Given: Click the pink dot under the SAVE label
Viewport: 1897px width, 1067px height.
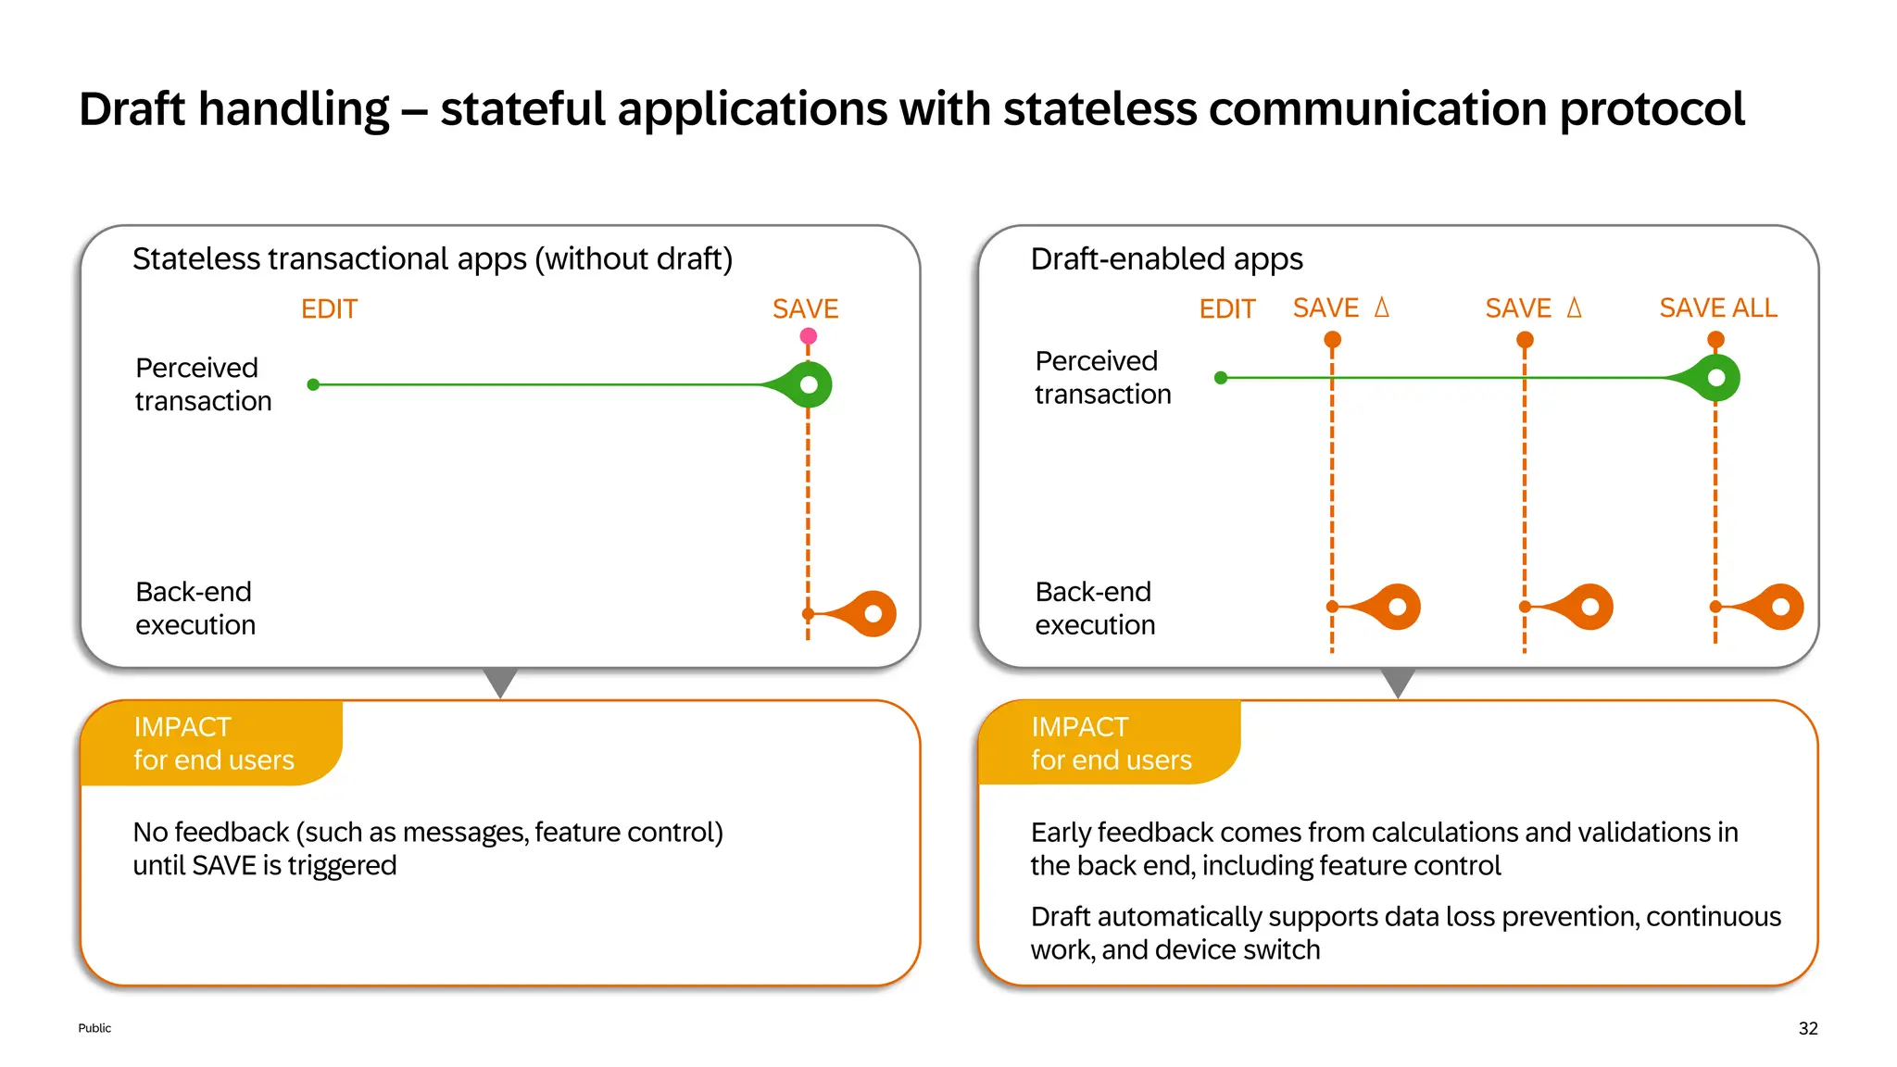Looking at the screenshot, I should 808,336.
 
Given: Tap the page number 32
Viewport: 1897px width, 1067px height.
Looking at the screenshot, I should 1807,1028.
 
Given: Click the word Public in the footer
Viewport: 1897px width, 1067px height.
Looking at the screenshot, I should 94,1028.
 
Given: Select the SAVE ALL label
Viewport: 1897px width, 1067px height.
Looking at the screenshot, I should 1717,308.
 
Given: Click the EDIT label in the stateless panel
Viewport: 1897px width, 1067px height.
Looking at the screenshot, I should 329,309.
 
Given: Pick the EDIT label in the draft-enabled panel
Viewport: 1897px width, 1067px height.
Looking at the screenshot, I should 1226,309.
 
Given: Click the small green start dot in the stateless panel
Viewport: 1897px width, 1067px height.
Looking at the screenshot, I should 313,384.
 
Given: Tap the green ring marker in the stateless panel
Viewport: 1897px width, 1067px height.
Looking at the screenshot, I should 809,384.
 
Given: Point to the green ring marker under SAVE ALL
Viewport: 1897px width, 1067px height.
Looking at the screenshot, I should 1716,378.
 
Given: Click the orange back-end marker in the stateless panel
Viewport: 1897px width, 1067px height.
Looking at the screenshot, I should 872,613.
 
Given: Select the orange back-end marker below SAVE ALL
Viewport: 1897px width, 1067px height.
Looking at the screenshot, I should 1779,607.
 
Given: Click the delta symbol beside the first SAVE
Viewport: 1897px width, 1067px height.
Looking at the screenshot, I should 1381,308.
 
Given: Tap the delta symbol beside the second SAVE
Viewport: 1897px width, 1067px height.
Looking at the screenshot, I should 1574,308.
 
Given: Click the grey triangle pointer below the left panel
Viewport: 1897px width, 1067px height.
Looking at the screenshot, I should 500,681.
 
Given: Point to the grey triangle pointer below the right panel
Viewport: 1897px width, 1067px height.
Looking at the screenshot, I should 1398,681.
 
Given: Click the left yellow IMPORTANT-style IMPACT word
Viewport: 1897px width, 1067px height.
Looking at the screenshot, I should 182,727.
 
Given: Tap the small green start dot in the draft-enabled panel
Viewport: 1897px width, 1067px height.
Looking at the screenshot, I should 1221,378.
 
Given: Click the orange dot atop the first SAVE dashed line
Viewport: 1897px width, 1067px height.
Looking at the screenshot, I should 1332,340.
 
